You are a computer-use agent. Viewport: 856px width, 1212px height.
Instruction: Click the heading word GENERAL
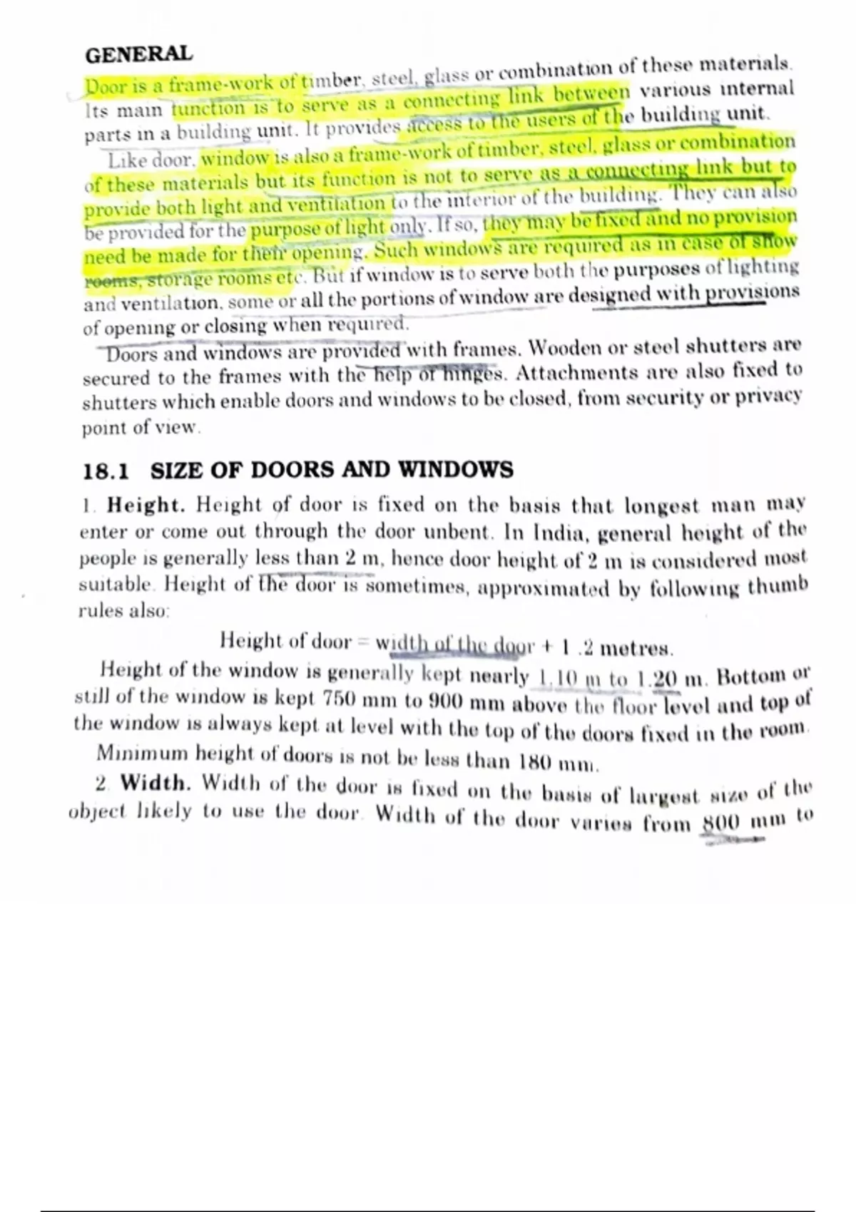pyautogui.click(x=138, y=53)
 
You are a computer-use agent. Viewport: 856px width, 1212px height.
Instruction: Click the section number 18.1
pyautogui.click(x=106, y=471)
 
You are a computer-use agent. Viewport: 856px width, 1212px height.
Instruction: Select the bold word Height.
pyautogui.click(x=146, y=505)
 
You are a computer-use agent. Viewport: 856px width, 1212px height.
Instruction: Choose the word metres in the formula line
pyautogui.click(x=636, y=648)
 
